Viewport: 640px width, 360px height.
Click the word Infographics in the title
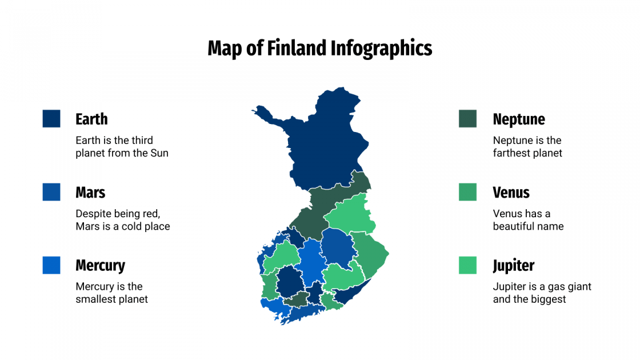point(381,48)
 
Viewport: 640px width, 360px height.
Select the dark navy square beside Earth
point(51,119)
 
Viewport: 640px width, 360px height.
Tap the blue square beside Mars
point(51,192)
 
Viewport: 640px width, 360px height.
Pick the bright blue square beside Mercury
point(51,265)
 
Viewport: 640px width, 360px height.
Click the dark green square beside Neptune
point(467,119)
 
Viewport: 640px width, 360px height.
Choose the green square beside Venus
point(467,192)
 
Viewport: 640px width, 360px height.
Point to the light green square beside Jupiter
point(467,265)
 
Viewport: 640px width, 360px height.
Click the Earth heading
point(91,119)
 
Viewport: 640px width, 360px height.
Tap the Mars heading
point(90,192)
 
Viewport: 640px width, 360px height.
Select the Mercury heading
point(100,265)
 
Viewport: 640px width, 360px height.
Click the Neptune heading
point(519,119)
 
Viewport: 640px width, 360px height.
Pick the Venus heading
point(511,192)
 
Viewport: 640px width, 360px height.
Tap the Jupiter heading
point(514,265)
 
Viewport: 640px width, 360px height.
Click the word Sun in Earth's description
point(159,153)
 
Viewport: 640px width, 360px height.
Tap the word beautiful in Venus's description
point(516,226)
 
